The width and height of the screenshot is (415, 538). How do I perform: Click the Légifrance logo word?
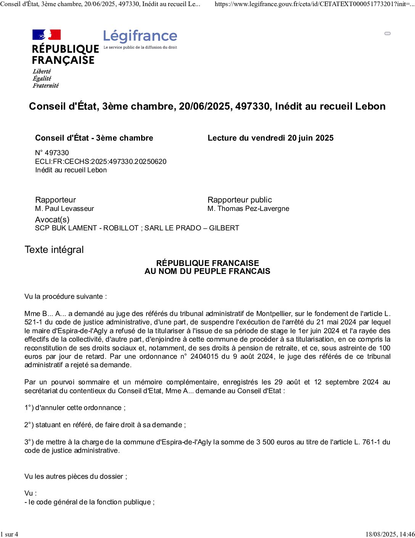(140, 36)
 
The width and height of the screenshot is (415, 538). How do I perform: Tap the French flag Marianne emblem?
(47, 35)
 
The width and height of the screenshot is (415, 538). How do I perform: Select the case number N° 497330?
(52, 153)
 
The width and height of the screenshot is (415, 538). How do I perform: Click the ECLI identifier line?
(101, 162)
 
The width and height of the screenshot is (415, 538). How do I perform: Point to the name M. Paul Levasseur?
(64, 209)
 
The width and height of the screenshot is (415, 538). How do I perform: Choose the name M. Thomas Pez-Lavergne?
(248, 209)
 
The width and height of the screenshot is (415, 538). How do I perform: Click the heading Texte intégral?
(54, 250)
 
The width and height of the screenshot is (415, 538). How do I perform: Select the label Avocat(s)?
(52, 220)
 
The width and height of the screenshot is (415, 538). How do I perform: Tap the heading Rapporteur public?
(240, 200)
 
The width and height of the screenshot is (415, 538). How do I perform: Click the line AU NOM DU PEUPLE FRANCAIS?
(207, 271)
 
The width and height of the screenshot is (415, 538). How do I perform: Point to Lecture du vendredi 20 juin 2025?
(270, 138)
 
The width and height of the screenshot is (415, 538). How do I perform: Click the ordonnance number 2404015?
(205, 357)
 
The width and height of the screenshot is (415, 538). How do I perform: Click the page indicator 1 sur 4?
(9, 534)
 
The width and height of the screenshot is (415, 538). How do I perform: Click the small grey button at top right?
(388, 34)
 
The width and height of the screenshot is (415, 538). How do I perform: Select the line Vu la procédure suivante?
(66, 297)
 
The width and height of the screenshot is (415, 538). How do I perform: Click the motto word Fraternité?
(46, 86)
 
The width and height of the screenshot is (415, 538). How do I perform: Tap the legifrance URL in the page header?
(314, 4)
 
